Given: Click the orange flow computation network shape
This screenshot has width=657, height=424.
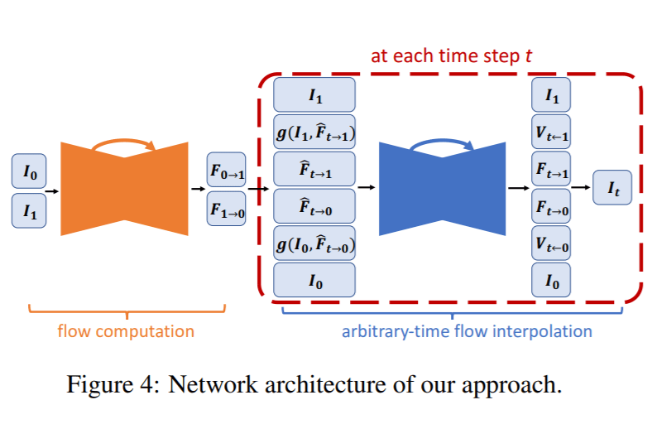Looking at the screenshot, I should click(124, 190).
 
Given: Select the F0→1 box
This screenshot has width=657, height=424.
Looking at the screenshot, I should click(226, 172).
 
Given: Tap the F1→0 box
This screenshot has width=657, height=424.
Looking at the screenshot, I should click(226, 207).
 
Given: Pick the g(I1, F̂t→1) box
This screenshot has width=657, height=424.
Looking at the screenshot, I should click(314, 132).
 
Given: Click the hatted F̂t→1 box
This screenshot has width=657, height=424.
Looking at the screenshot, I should click(314, 169).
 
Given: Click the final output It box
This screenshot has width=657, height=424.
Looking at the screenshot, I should click(611, 189).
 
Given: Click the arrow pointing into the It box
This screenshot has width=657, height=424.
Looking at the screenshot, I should click(583, 189).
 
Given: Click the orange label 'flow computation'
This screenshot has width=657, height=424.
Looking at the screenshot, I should click(126, 331).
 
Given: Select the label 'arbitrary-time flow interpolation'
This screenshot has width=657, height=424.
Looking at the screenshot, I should click(467, 331).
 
